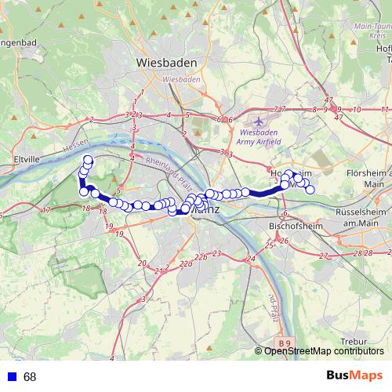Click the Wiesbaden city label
coord(167,62)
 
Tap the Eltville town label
coord(15,158)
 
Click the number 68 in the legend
coord(30,377)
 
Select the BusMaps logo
coord(355,376)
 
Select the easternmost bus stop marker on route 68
coord(310,190)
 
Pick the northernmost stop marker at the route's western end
coord(89,160)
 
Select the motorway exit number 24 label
coord(250,258)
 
